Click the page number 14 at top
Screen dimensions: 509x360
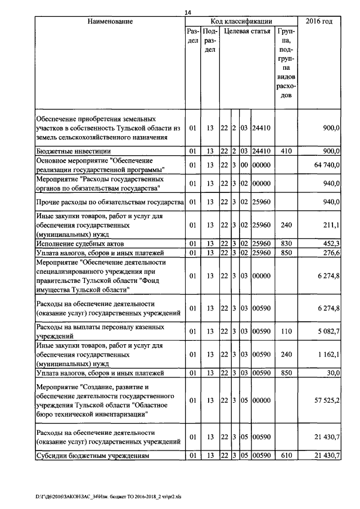(188, 12)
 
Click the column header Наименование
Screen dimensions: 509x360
(110, 21)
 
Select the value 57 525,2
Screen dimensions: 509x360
(323, 401)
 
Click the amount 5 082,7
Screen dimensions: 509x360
(326, 331)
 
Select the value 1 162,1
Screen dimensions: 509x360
(326, 354)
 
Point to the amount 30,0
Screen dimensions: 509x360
(332, 372)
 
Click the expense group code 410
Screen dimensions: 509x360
(286, 151)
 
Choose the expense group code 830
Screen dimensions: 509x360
(286, 244)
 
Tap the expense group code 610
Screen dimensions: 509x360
(286, 456)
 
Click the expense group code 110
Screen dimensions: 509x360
(286, 331)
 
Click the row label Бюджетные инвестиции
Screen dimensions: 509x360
(73, 151)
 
